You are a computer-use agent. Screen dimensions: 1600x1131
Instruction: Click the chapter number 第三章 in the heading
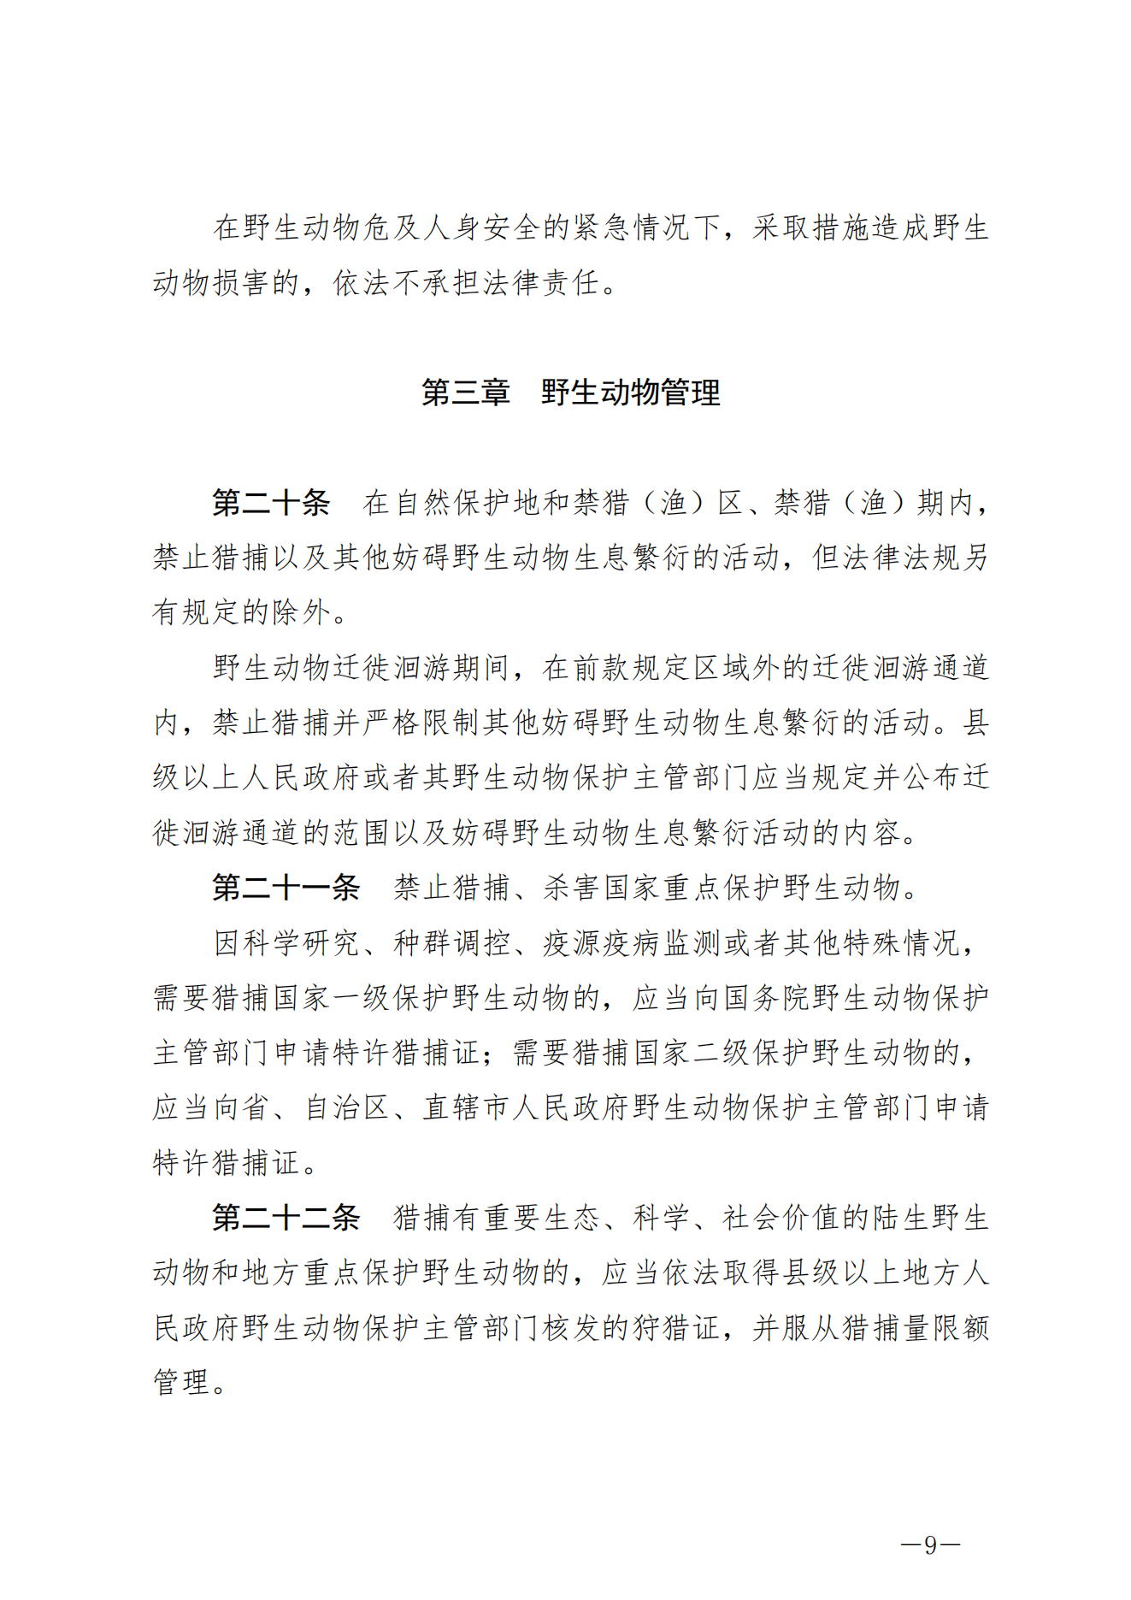(x=465, y=393)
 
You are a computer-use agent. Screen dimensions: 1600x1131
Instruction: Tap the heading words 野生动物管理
(x=631, y=393)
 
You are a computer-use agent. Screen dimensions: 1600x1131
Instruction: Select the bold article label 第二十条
(x=271, y=503)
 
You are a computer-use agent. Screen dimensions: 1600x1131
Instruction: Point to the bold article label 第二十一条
(x=286, y=888)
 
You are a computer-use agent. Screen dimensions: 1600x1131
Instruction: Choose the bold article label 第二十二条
(x=286, y=1218)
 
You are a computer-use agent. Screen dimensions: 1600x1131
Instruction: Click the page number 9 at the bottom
(x=931, y=1544)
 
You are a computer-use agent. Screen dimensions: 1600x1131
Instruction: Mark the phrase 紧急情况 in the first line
(x=632, y=227)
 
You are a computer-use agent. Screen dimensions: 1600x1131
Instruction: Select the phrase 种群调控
(x=452, y=942)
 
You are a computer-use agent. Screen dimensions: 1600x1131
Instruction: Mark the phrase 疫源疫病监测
(x=632, y=942)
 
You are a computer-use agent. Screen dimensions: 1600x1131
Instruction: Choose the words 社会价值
(x=782, y=1218)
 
